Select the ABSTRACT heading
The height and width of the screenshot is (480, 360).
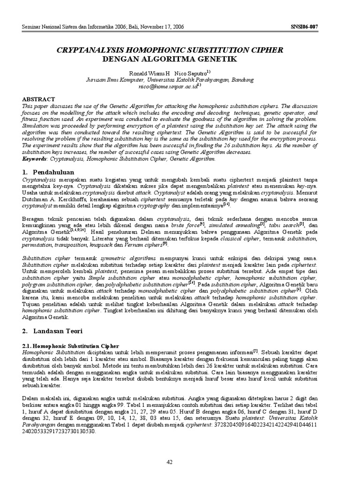click(x=39, y=99)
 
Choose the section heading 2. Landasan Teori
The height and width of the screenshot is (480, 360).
click(x=53, y=330)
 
